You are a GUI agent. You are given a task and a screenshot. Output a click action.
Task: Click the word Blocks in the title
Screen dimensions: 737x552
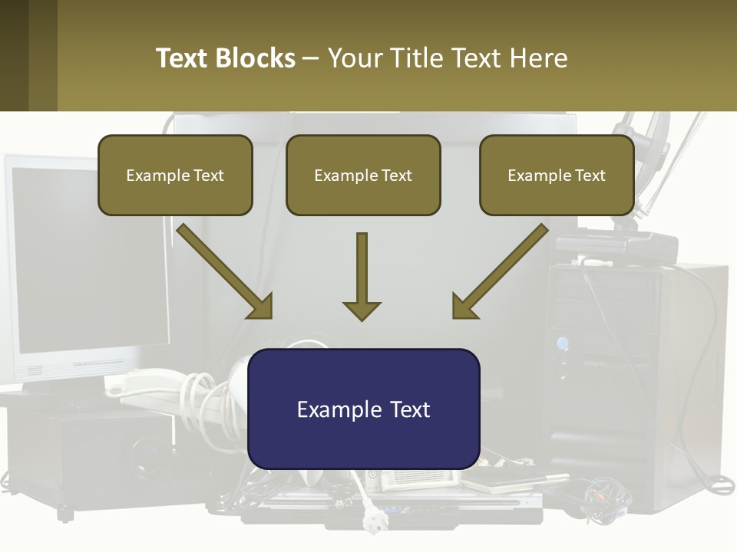tap(254, 58)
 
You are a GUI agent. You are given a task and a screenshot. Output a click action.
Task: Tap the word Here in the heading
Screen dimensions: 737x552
tap(539, 58)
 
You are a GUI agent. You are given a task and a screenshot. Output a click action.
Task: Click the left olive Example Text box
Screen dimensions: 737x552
tap(175, 175)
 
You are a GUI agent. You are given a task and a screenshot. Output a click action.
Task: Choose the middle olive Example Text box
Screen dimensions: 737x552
tap(363, 175)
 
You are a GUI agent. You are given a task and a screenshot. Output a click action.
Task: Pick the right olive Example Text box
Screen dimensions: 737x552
tap(557, 175)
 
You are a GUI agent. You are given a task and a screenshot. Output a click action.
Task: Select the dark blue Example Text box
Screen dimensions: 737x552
tap(364, 409)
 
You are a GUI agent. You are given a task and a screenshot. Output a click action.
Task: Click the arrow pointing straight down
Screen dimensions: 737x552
tap(362, 277)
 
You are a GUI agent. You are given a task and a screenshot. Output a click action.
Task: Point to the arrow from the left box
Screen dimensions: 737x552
tap(225, 271)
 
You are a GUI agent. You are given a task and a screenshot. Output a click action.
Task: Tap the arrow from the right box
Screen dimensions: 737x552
tap(500, 271)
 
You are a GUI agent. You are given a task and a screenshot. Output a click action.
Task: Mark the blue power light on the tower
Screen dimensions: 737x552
tap(562, 343)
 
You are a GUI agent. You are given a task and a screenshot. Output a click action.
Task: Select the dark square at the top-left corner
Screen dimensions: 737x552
tap(14, 55)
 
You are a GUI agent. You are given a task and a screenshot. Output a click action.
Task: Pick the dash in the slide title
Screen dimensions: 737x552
tap(311, 59)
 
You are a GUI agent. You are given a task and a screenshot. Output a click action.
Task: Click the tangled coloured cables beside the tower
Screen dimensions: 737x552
tap(607, 500)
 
